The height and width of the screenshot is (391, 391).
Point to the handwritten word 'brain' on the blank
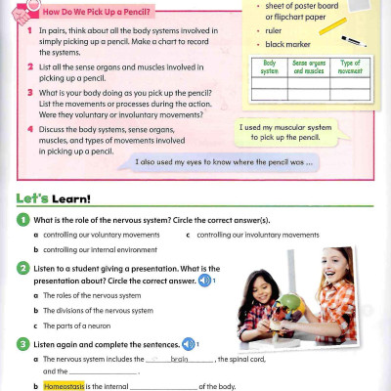[178, 359]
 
